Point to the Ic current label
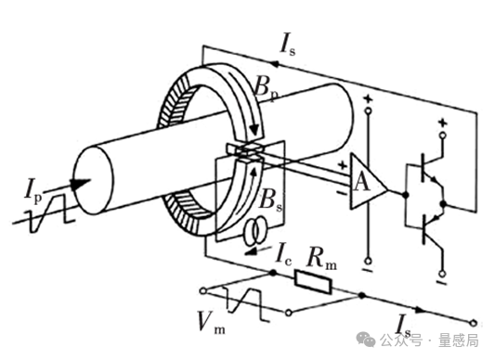click(283, 253)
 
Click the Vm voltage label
click(211, 322)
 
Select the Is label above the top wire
click(288, 47)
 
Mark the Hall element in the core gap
click(245, 150)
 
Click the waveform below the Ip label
click(50, 213)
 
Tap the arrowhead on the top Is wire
click(275, 63)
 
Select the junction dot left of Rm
click(273, 273)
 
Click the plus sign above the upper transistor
click(443, 122)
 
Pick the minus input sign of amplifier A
click(342, 193)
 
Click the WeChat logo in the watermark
click(366, 340)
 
